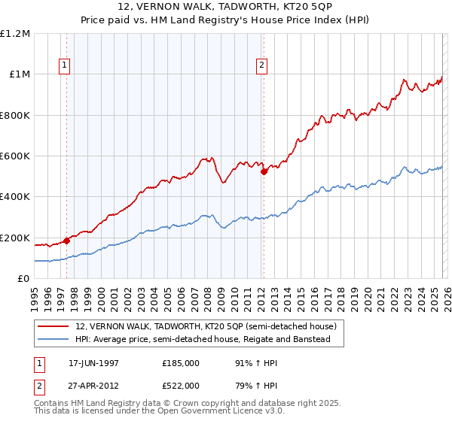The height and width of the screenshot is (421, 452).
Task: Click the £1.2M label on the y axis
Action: [15, 34]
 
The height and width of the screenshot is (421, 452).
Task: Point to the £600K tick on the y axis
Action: [15, 156]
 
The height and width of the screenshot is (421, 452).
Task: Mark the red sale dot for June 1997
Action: [66, 241]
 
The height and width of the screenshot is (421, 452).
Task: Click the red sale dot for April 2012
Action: [264, 172]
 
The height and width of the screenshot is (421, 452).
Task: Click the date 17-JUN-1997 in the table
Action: [93, 362]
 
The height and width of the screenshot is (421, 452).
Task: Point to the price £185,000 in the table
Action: [180, 362]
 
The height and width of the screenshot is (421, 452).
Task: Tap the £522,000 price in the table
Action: [180, 385]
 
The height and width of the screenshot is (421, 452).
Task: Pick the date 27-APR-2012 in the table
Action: [93, 385]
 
